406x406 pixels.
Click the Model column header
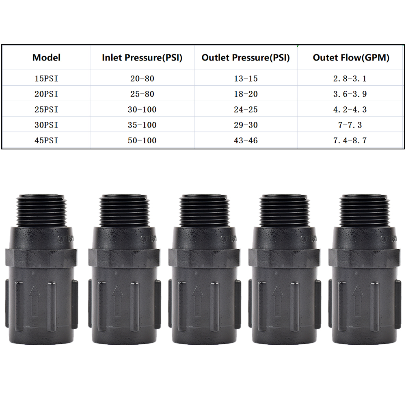click(x=46, y=58)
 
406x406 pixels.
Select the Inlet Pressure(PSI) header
click(x=142, y=58)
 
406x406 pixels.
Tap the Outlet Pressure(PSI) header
click(x=246, y=58)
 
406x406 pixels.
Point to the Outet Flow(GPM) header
click(x=351, y=58)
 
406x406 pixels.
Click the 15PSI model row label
click(x=46, y=79)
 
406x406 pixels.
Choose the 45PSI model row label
click(x=46, y=141)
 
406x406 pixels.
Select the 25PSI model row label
click(x=46, y=110)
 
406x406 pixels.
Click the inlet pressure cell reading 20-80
click(x=142, y=79)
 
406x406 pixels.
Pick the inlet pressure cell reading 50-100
click(x=142, y=141)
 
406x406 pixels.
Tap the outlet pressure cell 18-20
click(x=246, y=94)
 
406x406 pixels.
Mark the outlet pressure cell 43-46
click(x=246, y=141)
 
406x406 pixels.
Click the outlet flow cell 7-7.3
click(x=350, y=125)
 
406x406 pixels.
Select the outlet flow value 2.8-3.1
click(x=350, y=79)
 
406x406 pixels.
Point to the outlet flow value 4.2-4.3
click(x=350, y=110)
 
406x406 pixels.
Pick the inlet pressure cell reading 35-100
click(x=142, y=125)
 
